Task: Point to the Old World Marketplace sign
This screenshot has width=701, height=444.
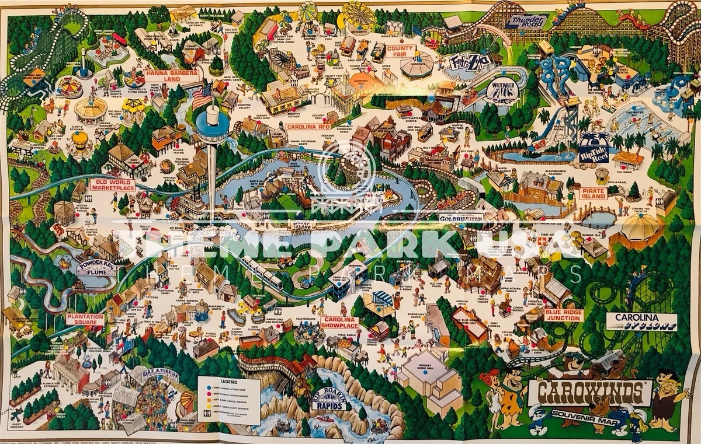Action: tap(112, 186)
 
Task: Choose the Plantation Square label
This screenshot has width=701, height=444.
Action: tap(85, 319)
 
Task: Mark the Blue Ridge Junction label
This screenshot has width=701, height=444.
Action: tap(563, 315)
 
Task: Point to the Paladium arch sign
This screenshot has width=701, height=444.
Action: tap(154, 377)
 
